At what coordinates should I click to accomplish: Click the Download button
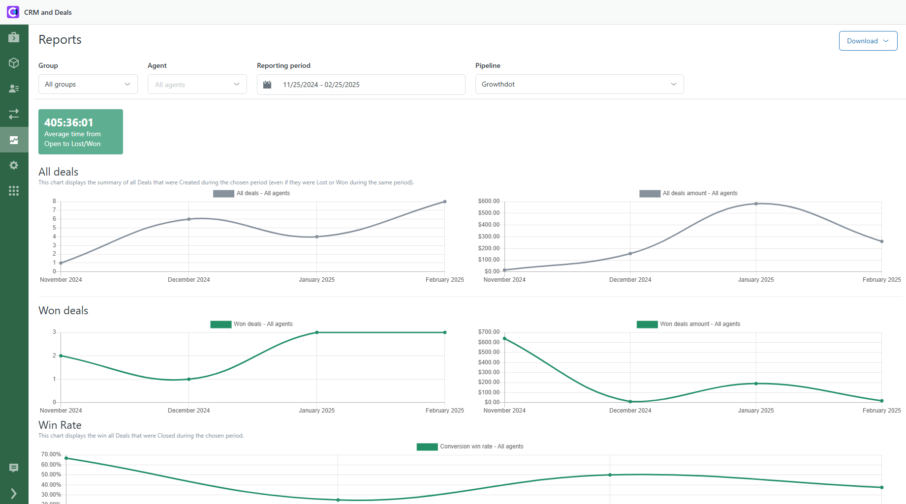click(868, 41)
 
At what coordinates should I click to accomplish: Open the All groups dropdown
click(88, 84)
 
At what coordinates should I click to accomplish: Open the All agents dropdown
click(197, 85)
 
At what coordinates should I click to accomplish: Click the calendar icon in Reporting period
click(267, 85)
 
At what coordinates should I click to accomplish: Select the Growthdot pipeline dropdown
click(579, 84)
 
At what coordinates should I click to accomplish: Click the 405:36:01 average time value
click(69, 122)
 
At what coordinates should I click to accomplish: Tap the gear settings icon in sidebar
click(14, 165)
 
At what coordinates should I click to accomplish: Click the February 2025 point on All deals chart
click(445, 202)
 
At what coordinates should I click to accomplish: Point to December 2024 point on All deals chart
click(189, 219)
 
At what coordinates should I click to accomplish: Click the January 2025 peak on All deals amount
click(756, 204)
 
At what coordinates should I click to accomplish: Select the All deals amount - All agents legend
click(689, 193)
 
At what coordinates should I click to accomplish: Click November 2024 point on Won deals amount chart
click(504, 338)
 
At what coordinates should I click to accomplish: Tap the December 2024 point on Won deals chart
click(189, 379)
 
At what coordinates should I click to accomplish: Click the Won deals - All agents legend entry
click(252, 324)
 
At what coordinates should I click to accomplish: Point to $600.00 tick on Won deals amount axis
click(489, 342)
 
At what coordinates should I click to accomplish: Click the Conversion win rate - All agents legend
click(470, 446)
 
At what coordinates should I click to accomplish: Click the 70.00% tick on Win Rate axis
click(51, 454)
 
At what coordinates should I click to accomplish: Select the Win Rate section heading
click(60, 425)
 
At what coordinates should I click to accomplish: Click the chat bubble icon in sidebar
click(14, 468)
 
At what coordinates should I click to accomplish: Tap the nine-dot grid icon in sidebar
click(14, 191)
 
